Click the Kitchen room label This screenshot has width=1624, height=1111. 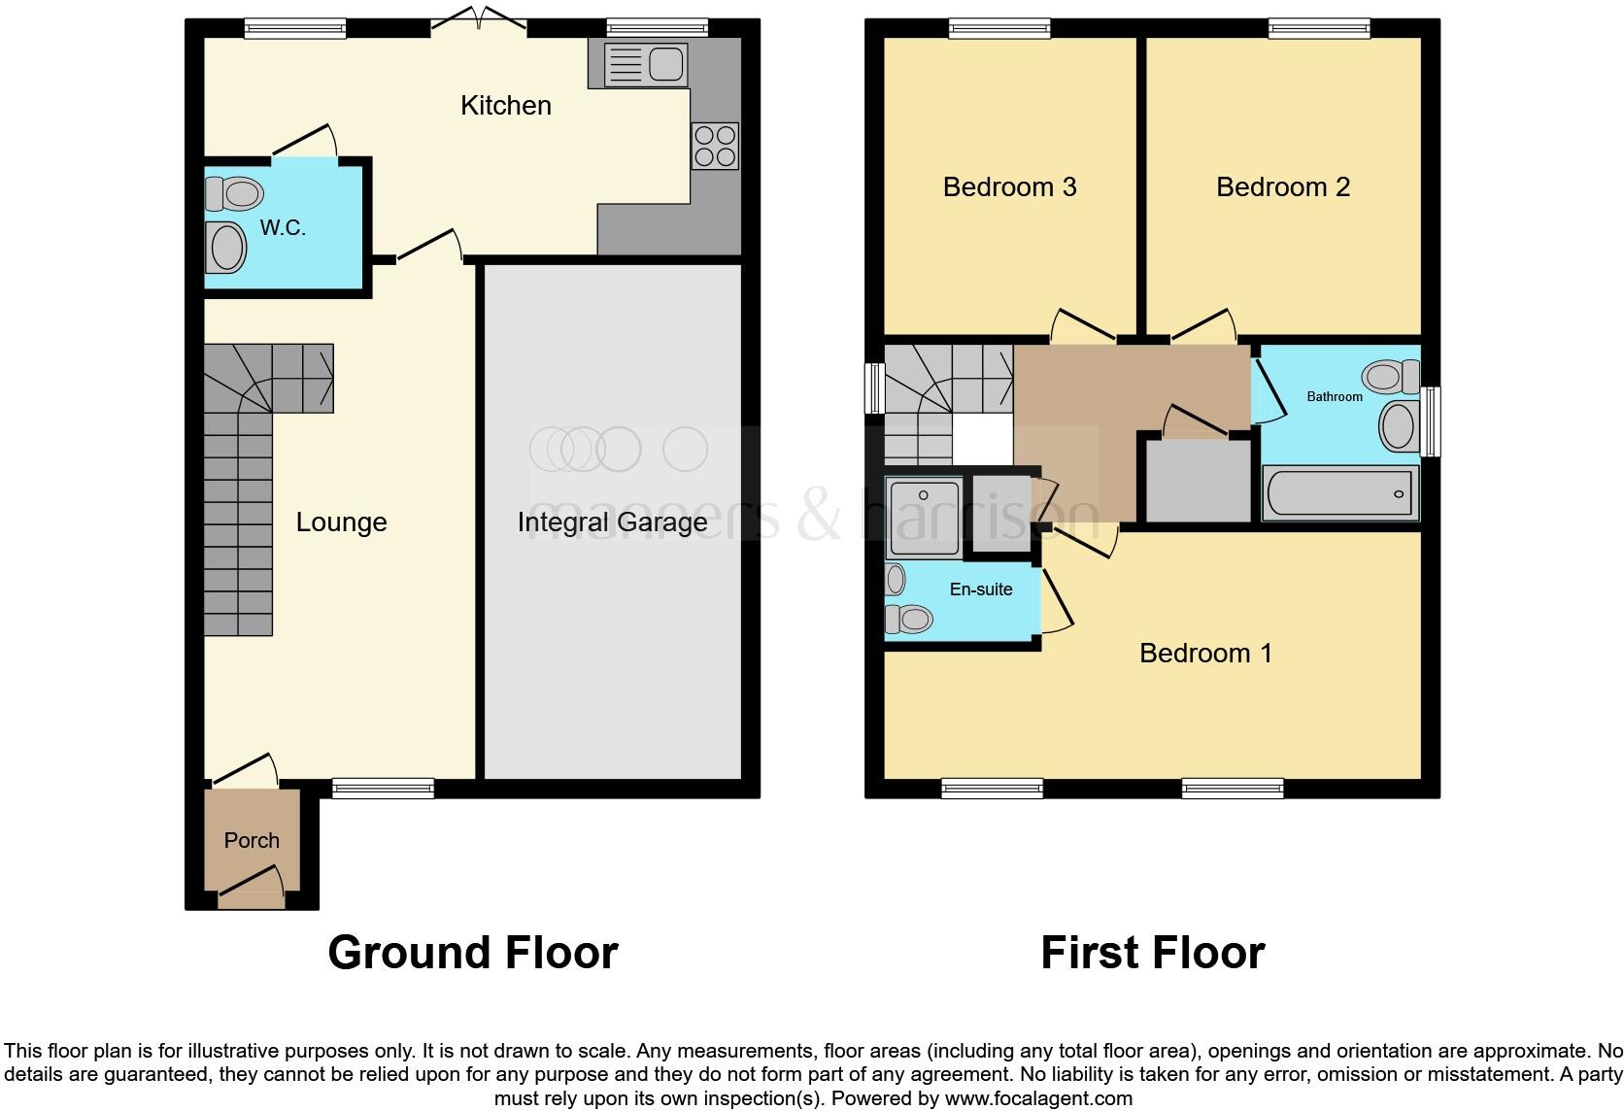(x=505, y=105)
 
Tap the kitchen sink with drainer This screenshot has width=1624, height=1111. (x=645, y=65)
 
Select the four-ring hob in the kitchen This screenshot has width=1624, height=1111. (x=715, y=146)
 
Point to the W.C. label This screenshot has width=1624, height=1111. (x=283, y=228)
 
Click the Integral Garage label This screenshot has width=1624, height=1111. (x=612, y=522)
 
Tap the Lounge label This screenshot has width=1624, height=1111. (x=341, y=522)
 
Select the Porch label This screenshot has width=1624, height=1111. (x=252, y=841)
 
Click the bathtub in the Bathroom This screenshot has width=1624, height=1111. (x=1339, y=493)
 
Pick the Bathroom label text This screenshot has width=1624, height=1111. (x=1334, y=396)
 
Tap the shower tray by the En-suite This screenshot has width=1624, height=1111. (x=924, y=518)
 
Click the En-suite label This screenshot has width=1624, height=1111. (x=980, y=589)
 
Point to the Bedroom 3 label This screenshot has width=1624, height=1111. (x=1009, y=186)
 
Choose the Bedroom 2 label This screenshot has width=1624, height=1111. (x=1282, y=186)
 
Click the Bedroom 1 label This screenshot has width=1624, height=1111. (x=1205, y=653)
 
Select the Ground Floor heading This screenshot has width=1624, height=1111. (x=472, y=953)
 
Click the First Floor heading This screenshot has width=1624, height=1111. (x=1152, y=953)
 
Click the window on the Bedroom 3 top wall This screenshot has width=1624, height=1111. (x=999, y=29)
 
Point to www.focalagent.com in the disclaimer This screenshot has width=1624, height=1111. (x=1038, y=1099)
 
